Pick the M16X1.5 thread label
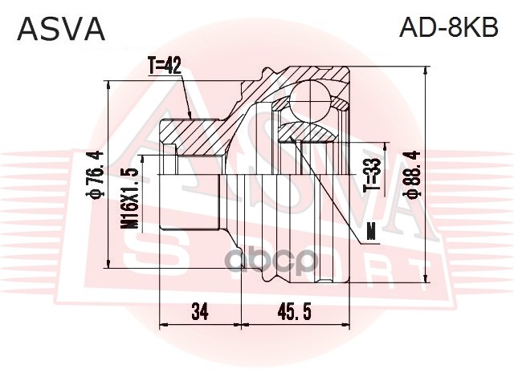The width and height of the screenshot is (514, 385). [129, 198]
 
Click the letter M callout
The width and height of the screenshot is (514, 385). [370, 233]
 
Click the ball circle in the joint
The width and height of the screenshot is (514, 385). [310, 101]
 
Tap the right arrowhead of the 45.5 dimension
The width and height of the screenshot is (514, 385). [349, 326]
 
